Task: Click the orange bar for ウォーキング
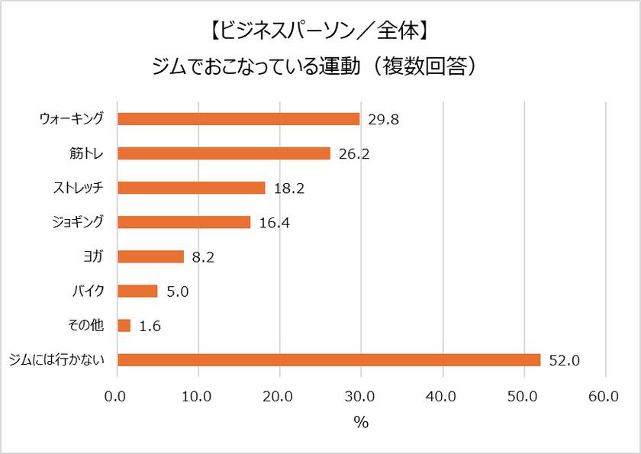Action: coord(238,119)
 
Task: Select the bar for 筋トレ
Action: coord(224,153)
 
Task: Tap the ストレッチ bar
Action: coord(191,188)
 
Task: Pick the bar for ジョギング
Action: coord(184,222)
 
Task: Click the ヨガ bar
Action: coord(150,256)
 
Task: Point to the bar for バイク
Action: coord(137,291)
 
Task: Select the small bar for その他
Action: coord(124,326)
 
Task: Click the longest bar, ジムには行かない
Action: coord(329,360)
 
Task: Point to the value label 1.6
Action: coord(149,326)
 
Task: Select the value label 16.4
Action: coord(272,223)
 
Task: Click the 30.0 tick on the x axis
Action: coord(361,396)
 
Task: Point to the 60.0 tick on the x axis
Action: coord(604,396)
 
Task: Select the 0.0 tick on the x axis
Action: coord(118,396)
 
